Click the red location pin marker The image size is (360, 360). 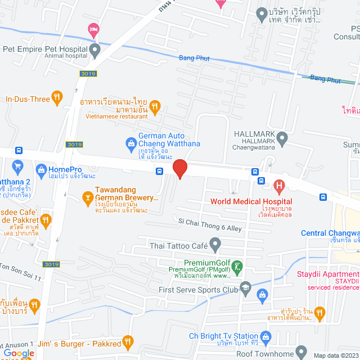(179, 168)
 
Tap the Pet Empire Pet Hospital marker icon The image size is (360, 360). (95, 51)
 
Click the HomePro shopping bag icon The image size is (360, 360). (40, 169)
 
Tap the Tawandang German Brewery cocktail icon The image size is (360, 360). (87, 197)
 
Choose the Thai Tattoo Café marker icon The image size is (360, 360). (214, 245)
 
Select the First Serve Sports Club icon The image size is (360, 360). (245, 289)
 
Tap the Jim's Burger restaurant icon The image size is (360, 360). (128, 342)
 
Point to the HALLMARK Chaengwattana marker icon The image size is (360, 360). (282, 137)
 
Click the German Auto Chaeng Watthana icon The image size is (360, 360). (131, 144)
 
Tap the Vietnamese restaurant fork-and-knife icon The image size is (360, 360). (156, 106)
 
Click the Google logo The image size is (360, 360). (18, 354)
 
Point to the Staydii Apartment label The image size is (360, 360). (328, 275)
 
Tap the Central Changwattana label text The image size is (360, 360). (330, 233)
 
